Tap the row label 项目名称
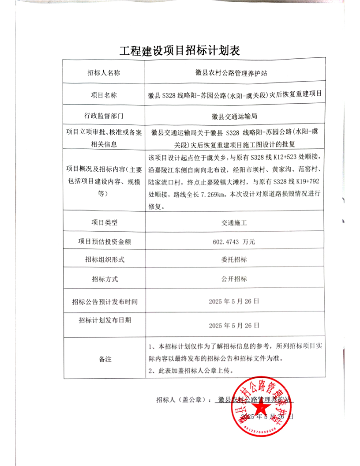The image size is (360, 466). pos(104,95)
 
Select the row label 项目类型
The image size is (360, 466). pos(104,222)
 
